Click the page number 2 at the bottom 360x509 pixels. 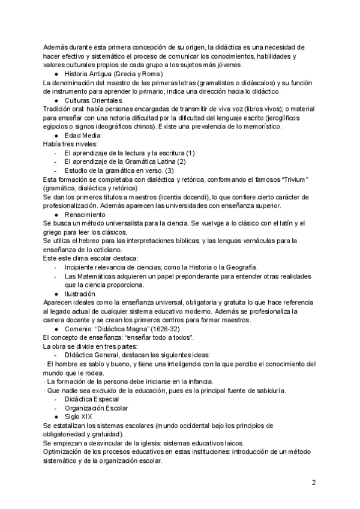coord(313,482)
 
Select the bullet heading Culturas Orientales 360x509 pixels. coord(93,100)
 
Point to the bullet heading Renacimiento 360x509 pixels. coord(86,214)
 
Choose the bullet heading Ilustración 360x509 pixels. coord(80,294)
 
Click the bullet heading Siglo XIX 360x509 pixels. coord(79,399)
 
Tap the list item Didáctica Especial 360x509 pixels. coord(91,382)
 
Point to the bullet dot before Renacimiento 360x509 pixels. coord(56,214)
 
